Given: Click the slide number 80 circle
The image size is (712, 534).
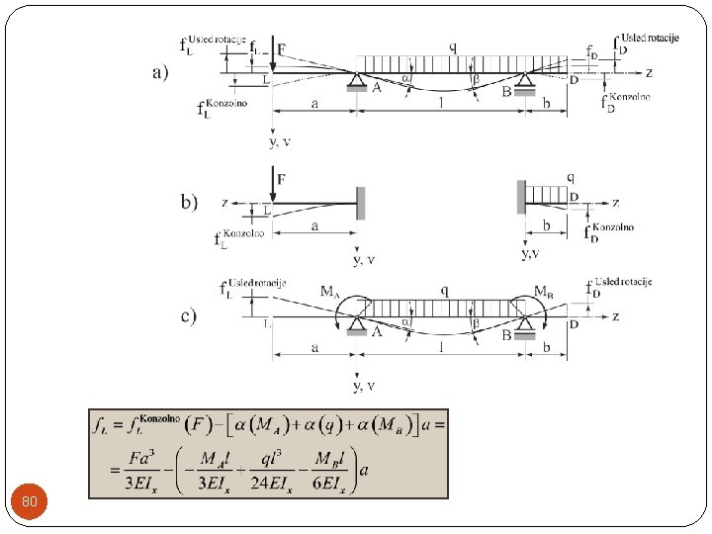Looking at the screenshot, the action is coord(30,502).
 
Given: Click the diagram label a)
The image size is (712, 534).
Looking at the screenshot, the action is coord(160,72).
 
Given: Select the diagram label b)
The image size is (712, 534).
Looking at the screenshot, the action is coord(189,202).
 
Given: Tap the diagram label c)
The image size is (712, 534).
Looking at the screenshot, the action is coord(188,316).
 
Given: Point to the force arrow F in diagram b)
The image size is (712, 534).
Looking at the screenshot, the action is coord(273,186).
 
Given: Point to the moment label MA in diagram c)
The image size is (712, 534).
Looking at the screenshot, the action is coord(331,292).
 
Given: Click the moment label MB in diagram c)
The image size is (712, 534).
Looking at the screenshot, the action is coord(543,292).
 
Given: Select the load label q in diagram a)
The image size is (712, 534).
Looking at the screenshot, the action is coord(452,45).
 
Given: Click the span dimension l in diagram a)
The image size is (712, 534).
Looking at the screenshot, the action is coord(441,102).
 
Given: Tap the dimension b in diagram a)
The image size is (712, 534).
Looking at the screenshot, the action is coord(547,102).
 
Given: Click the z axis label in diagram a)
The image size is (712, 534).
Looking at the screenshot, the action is coord(649,72).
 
